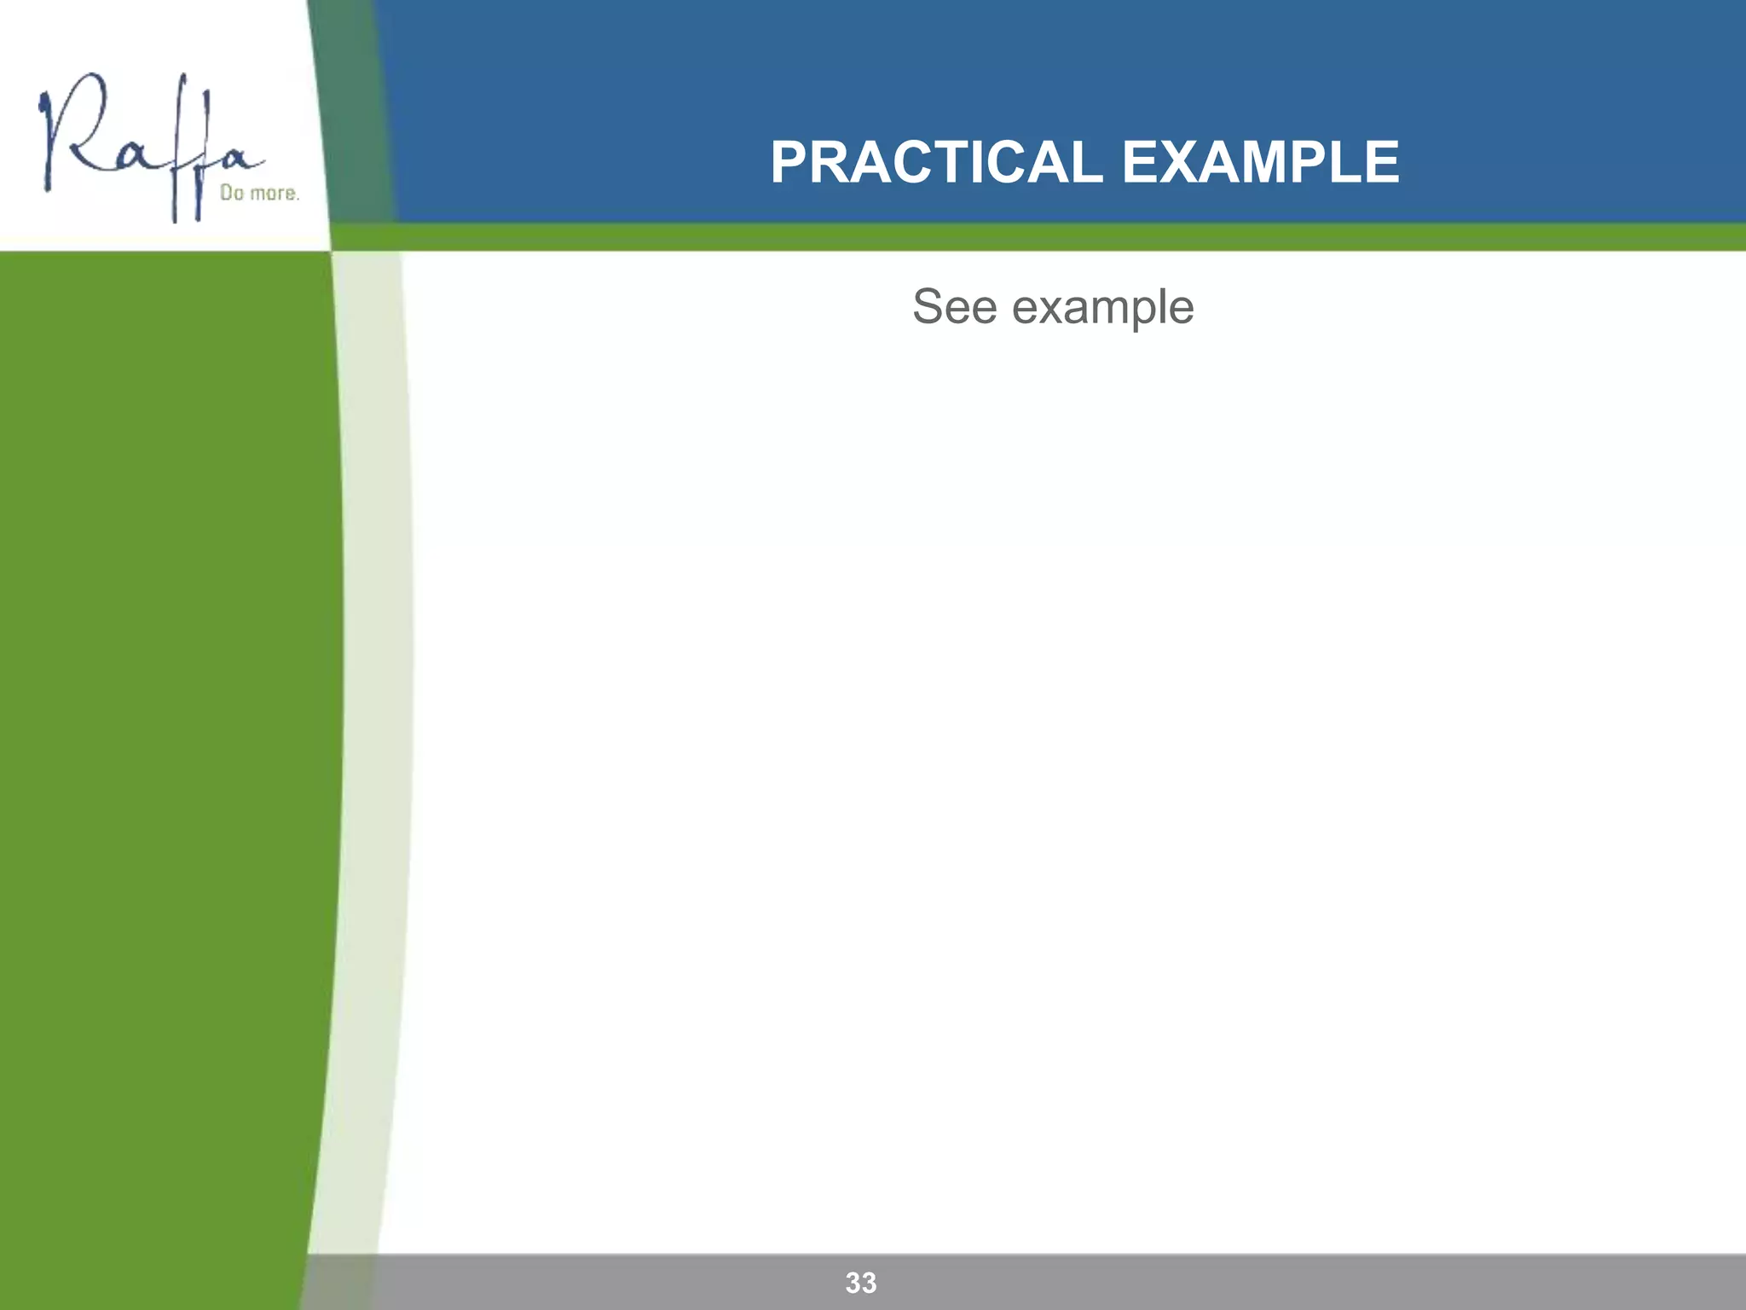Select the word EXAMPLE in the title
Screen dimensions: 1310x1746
click(1260, 162)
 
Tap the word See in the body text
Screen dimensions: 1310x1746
click(954, 306)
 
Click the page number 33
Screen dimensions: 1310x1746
click(861, 1283)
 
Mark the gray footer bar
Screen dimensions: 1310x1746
click(1194, 1282)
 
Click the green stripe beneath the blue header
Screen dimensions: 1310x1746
click(1023, 237)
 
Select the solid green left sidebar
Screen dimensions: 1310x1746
click(162, 682)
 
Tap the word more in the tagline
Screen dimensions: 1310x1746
click(274, 194)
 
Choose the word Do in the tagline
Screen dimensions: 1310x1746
click(232, 194)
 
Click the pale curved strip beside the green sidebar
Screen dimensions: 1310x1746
click(375, 682)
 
